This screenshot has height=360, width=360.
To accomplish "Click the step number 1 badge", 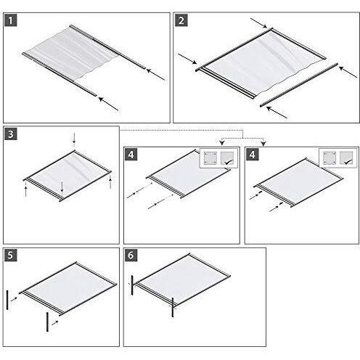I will (x=10, y=20).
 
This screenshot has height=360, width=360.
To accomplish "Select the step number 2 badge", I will (x=180, y=20).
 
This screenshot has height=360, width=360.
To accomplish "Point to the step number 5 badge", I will (x=10, y=255).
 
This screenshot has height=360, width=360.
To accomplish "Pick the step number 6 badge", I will (x=131, y=255).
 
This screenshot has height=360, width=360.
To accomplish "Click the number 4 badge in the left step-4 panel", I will (x=131, y=155).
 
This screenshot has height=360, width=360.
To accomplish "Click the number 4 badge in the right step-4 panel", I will (x=252, y=155).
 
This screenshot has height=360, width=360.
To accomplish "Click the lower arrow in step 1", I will (x=107, y=103).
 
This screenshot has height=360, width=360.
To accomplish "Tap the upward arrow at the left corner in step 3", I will (x=26, y=189).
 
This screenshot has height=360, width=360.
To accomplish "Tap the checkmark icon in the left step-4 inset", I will (x=229, y=159).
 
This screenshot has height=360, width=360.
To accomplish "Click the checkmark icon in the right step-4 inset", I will (x=347, y=159).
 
